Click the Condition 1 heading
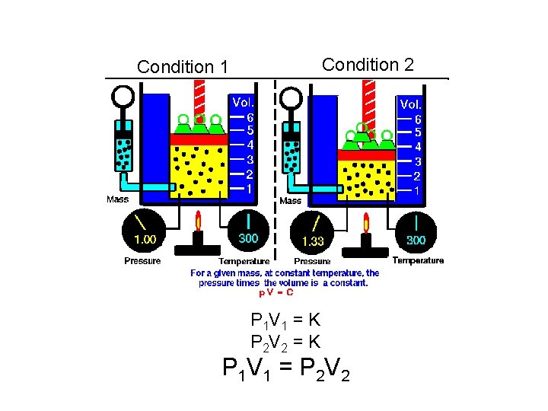coord(182,67)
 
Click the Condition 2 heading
coord(368,65)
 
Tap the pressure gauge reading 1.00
coord(145,231)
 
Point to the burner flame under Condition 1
coord(199,221)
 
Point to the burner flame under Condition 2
coord(366,223)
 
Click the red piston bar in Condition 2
coord(366,155)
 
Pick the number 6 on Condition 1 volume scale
coord(250,117)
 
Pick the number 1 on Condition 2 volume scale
coord(417,190)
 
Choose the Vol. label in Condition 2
coord(411,104)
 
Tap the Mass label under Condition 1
coord(117,199)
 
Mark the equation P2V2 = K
coord(285,342)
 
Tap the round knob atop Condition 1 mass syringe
coord(122,97)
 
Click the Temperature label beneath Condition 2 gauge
coord(418,260)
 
